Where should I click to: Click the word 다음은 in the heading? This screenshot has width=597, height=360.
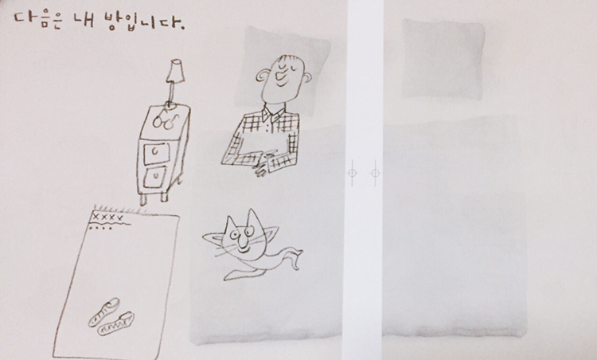[x=37, y=20]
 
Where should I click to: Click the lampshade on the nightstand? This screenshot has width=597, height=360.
[x=175, y=70]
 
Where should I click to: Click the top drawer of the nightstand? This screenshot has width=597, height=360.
[x=156, y=152]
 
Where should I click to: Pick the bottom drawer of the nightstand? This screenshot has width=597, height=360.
[x=155, y=178]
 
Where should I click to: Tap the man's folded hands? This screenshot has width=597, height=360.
[x=264, y=165]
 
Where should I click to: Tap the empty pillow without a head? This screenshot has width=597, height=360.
[x=443, y=59]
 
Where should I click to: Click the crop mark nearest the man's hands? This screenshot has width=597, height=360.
[x=352, y=173]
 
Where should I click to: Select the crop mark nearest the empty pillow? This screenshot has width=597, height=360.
[x=375, y=173]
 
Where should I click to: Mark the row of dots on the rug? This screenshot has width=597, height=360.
[x=100, y=229]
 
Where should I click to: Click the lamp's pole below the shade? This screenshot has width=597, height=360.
[x=172, y=93]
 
